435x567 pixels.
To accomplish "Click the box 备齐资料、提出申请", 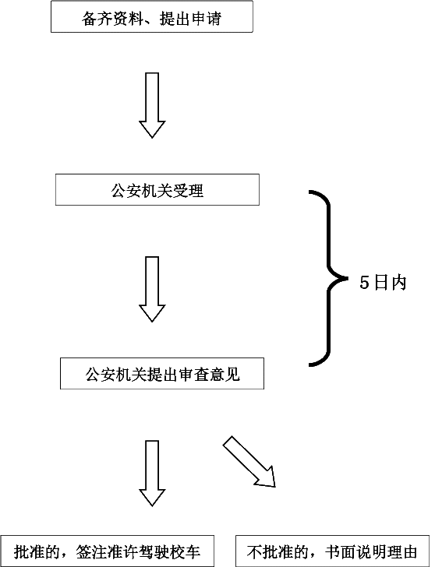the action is click(152, 16).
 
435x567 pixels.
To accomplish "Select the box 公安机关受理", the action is click(157, 189).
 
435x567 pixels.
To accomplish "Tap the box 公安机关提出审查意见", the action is click(162, 374).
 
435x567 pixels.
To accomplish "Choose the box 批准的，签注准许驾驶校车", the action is click(107, 551).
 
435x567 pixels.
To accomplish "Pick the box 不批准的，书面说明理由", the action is click(332, 551).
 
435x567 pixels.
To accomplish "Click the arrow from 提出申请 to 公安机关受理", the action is click(152, 105).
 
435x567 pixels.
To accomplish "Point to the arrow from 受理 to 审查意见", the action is click(152, 289).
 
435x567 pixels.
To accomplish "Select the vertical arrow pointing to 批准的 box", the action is click(152, 473).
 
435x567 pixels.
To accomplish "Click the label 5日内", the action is click(383, 283).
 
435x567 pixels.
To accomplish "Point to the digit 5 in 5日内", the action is click(364, 283).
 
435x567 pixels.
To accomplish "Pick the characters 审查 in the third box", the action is click(193, 375).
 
